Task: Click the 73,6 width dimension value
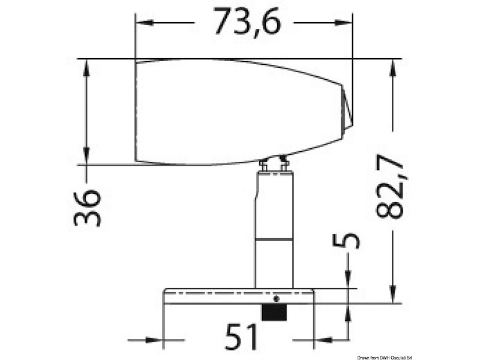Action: tap(247, 22)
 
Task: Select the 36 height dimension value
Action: tap(87, 208)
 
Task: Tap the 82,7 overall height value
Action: tap(389, 187)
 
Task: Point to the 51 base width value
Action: tap(241, 337)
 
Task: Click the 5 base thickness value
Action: tap(346, 241)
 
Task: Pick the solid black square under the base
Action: tap(274, 313)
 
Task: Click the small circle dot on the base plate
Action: tap(276, 298)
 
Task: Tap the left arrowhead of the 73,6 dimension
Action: tap(144, 23)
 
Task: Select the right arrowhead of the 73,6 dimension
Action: tap(343, 23)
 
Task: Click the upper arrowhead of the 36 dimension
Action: tap(86, 68)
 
